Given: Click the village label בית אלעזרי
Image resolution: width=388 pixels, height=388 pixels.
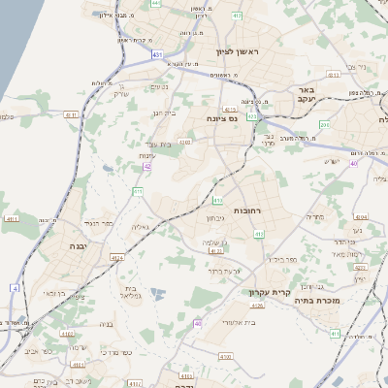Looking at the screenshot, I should (238, 321).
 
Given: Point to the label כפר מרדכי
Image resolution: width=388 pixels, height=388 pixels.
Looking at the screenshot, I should (114, 353).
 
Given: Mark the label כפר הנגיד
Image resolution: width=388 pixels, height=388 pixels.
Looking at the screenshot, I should (100, 223).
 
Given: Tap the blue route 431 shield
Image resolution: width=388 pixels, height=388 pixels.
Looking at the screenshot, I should (157, 55).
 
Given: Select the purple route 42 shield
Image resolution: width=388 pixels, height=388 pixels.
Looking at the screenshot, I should (147, 166).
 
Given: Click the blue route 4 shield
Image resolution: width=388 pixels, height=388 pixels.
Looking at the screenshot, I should (16, 288).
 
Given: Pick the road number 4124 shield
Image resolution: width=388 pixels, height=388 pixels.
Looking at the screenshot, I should (117, 258).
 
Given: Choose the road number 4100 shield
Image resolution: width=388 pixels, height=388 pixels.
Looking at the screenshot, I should (225, 357).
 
